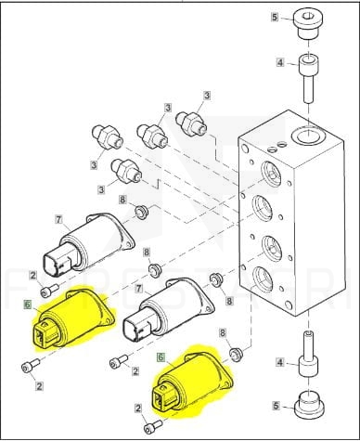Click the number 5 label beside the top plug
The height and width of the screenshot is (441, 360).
click(x=275, y=17)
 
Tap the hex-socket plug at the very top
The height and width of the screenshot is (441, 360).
click(x=308, y=23)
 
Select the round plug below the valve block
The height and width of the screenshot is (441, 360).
click(x=308, y=405)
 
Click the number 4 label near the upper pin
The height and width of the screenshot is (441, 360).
click(x=280, y=63)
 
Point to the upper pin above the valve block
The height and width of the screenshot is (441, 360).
click(x=309, y=78)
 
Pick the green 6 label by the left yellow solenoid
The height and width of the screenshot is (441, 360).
click(x=27, y=305)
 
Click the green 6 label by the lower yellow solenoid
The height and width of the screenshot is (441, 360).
click(x=161, y=357)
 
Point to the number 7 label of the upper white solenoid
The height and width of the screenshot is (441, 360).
click(x=58, y=220)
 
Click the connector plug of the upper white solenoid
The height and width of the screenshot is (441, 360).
click(x=58, y=261)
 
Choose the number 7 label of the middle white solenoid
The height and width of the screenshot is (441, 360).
click(x=139, y=289)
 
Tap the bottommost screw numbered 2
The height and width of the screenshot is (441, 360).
click(x=153, y=426)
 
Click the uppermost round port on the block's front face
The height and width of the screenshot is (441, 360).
click(x=271, y=174)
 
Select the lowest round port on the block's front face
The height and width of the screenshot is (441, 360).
click(x=263, y=279)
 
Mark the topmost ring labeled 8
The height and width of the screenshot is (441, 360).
click(x=142, y=213)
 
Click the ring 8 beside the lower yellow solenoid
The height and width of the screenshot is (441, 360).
click(x=236, y=355)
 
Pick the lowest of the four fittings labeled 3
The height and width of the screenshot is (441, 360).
click(x=126, y=171)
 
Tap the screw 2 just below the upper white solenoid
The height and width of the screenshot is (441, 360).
click(x=49, y=291)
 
